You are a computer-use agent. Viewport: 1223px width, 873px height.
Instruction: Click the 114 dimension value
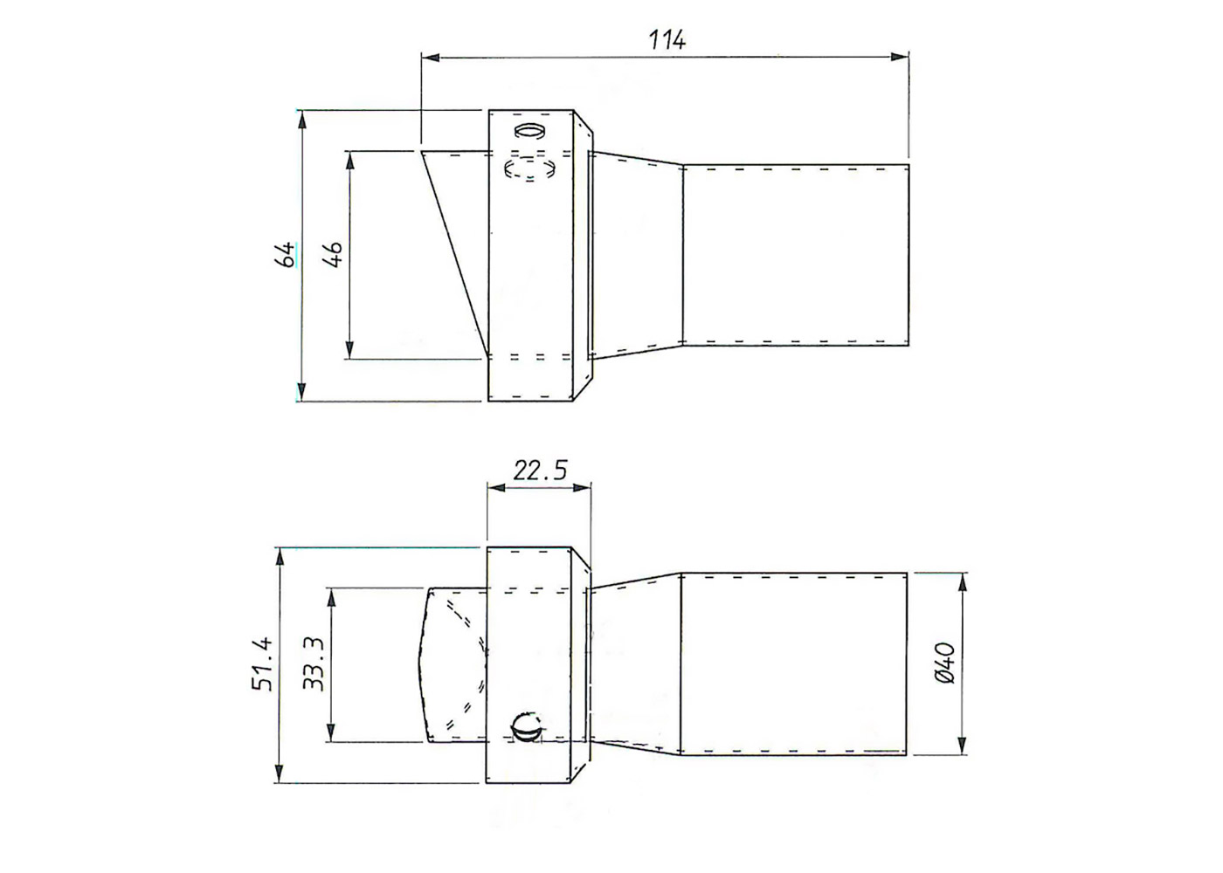(667, 39)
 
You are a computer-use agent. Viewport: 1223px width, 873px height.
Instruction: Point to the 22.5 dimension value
(540, 471)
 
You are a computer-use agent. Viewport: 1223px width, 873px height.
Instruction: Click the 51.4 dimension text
(263, 664)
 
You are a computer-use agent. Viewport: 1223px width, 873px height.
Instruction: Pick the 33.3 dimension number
(314, 664)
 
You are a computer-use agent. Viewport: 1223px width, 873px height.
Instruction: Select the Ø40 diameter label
(945, 664)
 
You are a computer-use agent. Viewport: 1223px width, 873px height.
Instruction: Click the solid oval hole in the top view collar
(529, 131)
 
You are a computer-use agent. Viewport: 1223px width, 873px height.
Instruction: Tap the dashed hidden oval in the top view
(530, 168)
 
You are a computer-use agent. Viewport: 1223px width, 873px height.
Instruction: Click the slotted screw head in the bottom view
(527, 725)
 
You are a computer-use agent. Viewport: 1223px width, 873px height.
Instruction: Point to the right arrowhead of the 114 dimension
(901, 57)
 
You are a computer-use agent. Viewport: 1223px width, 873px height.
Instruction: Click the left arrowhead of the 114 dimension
(430, 57)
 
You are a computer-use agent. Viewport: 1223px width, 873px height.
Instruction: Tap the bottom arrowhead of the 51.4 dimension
(280, 774)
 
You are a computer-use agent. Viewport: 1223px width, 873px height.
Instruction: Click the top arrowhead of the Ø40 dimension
(962, 581)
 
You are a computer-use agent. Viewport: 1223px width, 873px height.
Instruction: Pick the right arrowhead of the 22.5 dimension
(584, 489)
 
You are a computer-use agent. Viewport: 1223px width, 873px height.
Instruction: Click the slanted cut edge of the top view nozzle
(453, 253)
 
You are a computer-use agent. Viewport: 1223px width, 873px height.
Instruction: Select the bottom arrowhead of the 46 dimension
(349, 350)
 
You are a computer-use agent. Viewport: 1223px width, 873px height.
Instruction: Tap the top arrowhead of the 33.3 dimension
(331, 596)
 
